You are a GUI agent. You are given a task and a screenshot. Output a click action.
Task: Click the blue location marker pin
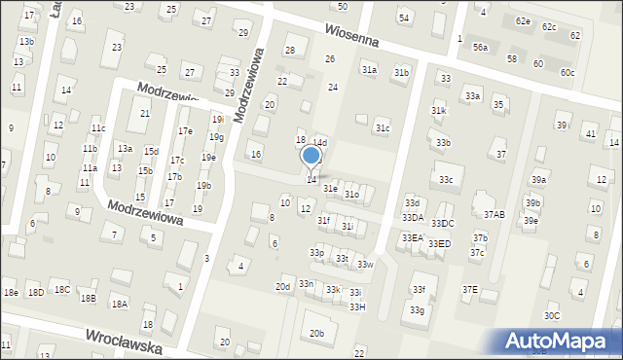pyautogui.click(x=311, y=156)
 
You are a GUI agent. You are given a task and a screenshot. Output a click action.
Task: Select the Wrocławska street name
pyautogui.click(x=122, y=341)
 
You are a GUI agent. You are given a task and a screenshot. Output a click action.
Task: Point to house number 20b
pyautogui.click(x=316, y=333)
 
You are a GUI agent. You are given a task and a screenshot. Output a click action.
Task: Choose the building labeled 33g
pyautogui.click(x=417, y=310)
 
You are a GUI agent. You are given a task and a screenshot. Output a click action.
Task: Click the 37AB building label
pyautogui.click(x=495, y=215)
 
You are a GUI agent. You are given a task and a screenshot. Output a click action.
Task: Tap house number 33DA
pyautogui.click(x=413, y=217)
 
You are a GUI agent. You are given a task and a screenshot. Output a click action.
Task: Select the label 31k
pyautogui.click(x=438, y=111)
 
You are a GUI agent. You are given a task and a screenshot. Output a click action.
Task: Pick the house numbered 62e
pyautogui.click(x=524, y=20)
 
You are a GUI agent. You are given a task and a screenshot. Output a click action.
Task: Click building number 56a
pyautogui.click(x=480, y=47)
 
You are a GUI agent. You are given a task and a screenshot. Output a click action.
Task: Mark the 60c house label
pyautogui.click(x=568, y=73)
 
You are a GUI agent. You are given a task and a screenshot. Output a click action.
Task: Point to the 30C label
pyautogui.click(x=552, y=315)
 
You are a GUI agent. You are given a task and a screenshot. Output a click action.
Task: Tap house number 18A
pyautogui.click(x=119, y=304)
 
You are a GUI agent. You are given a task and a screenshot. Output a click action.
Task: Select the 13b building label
pyautogui.click(x=26, y=42)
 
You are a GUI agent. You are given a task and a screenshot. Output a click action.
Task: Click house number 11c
pyautogui.click(x=97, y=127)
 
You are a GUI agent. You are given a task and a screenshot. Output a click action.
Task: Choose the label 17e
pyautogui.click(x=185, y=131)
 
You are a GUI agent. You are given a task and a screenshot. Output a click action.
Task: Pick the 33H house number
pyautogui.click(x=357, y=307)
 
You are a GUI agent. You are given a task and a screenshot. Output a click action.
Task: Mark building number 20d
pyautogui.click(x=282, y=287)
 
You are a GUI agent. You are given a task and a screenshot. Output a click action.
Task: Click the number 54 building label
pyautogui.click(x=404, y=18)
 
